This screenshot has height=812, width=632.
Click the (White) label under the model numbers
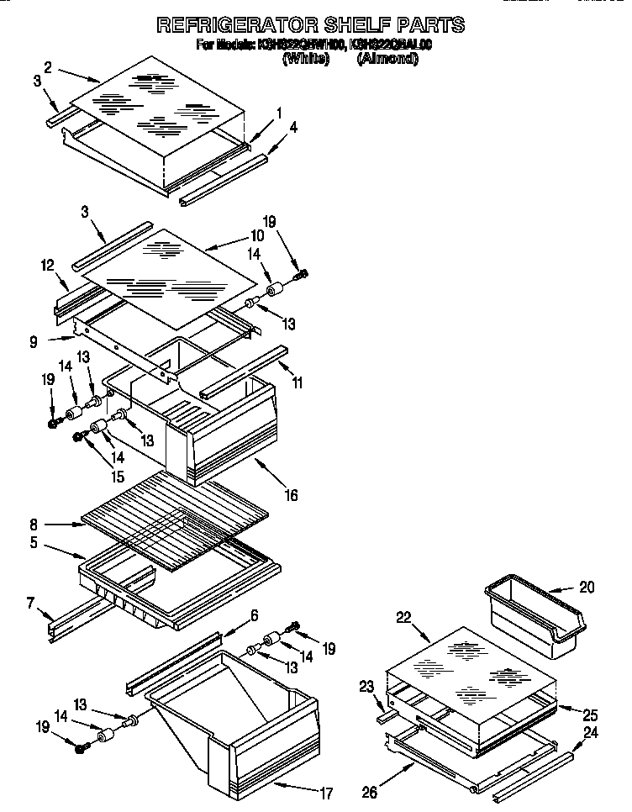305,59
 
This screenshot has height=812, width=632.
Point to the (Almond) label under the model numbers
387,59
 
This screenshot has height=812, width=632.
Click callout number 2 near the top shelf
48,66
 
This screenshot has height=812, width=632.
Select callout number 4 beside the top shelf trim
293,128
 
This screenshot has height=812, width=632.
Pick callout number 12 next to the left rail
47,265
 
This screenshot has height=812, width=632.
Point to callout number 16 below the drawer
291,495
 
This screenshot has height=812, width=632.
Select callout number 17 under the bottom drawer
327,792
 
